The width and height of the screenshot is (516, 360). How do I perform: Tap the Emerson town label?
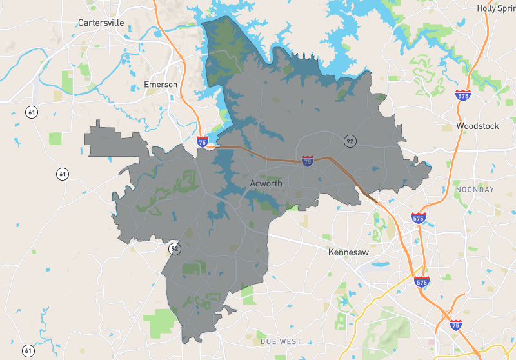[161, 85]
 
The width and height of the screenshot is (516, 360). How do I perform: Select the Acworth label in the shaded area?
[266, 184]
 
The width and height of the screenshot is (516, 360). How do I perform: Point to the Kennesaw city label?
[348, 252]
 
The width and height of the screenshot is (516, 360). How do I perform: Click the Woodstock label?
[478, 125]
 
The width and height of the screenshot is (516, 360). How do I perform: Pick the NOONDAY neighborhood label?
[475, 189]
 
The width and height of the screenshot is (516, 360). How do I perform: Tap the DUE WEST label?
[281, 340]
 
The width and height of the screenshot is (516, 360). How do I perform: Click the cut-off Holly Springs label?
[496, 8]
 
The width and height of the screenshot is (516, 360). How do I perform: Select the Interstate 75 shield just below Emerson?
[203, 141]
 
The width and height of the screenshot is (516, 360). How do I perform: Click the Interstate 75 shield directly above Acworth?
[308, 161]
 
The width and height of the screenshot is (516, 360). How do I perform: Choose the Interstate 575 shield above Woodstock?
[462, 95]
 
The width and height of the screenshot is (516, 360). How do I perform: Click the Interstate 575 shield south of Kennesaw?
[422, 281]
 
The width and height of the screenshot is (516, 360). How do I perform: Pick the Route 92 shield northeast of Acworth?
[350, 141]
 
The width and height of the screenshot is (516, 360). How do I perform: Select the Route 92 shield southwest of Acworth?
[174, 248]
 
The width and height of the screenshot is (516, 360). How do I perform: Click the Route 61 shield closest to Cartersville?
[31, 112]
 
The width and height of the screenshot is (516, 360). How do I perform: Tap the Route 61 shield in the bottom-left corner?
[28, 351]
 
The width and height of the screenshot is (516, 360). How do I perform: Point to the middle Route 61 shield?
[62, 174]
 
